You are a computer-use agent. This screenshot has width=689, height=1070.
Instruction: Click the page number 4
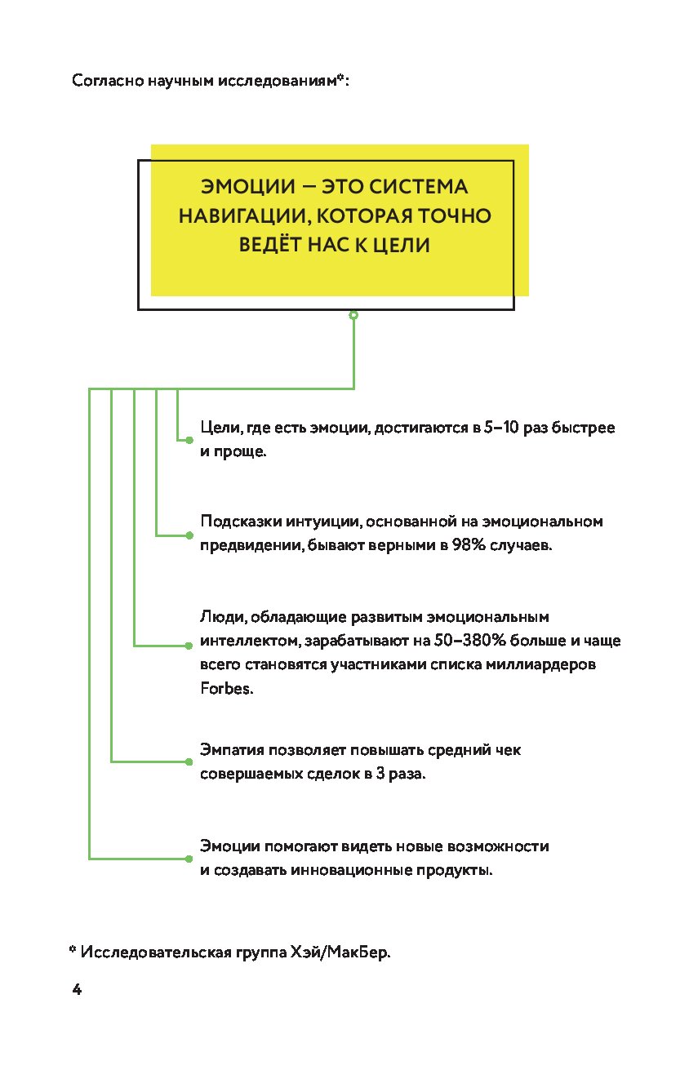coord(77,990)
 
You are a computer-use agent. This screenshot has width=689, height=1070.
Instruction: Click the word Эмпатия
coord(230,748)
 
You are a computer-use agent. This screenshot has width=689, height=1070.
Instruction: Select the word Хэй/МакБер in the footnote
coord(345,952)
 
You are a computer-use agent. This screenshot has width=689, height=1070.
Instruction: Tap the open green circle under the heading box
coord(353,314)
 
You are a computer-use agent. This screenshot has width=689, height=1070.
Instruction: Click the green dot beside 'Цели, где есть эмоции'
coord(189,440)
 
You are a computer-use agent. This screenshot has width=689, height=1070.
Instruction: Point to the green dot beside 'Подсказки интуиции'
coord(189,535)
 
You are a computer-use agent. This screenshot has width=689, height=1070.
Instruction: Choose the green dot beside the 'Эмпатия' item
coord(189,762)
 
